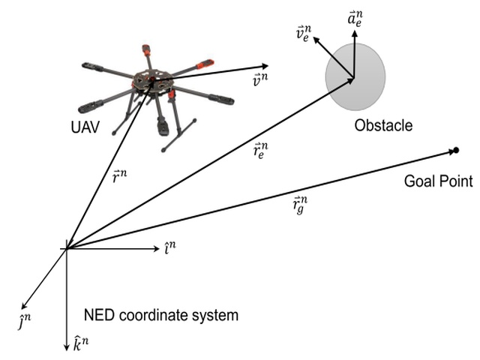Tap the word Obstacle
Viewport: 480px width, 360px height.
coord(383,125)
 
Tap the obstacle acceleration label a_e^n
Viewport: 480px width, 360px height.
coord(358,17)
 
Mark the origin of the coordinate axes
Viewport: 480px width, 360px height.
coord(67,248)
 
